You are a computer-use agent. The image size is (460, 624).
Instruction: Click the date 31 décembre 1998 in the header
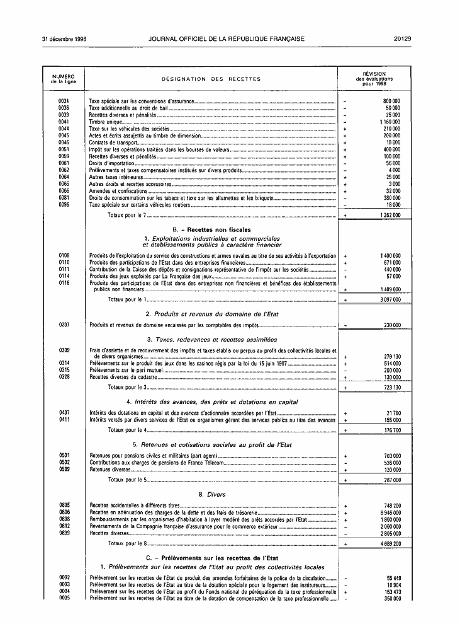[64, 38]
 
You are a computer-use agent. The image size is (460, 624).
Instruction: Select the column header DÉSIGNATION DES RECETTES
[211, 79]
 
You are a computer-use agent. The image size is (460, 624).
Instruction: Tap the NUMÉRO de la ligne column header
[64, 79]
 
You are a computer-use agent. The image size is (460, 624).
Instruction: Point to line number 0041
[64, 122]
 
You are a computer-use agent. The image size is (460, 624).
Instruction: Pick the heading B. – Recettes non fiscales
[211, 230]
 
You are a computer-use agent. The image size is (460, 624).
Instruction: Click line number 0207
[64, 325]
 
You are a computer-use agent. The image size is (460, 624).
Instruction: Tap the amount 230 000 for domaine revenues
[392, 325]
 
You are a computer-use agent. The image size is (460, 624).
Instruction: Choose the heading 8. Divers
[211, 495]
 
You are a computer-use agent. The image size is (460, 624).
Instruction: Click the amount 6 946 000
[390, 514]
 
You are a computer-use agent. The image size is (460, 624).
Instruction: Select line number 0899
[64, 533]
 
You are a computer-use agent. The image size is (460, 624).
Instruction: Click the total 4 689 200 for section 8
[390, 543]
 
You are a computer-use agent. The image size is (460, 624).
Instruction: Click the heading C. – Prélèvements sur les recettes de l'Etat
[211, 558]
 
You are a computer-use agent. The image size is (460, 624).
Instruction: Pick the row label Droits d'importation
[111, 163]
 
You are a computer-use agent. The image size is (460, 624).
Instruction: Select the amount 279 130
[392, 357]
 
